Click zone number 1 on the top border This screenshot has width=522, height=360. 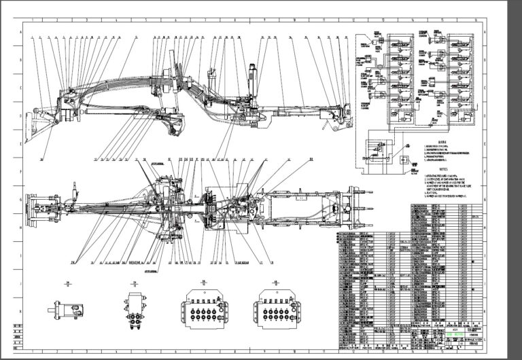coord(27,21)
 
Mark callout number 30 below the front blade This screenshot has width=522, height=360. coord(41,159)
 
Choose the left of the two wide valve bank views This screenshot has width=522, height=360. coord(203,312)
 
